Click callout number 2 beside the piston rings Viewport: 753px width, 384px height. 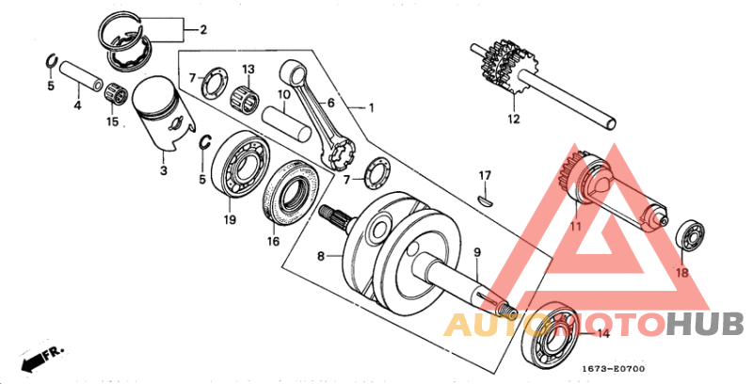[x=202, y=29]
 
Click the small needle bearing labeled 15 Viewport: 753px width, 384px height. [x=118, y=93]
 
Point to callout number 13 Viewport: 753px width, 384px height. [x=248, y=70]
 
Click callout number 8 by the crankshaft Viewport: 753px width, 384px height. [x=321, y=255]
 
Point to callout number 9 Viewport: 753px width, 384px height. [x=476, y=252]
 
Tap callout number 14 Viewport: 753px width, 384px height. [x=602, y=334]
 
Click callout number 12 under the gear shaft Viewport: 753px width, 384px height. [x=513, y=120]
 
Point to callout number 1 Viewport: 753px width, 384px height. [x=371, y=108]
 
